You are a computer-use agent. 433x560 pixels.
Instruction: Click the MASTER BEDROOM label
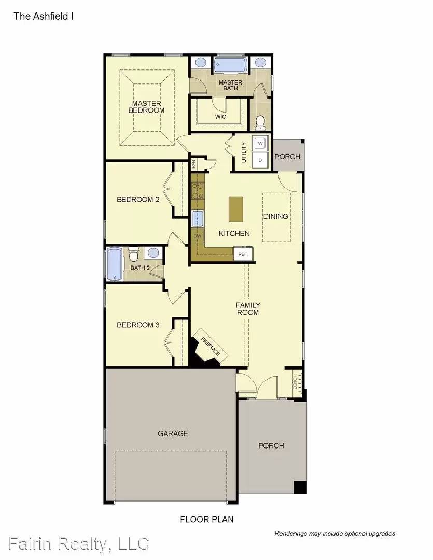pos(146,107)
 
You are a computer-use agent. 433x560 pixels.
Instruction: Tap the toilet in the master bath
pos(260,122)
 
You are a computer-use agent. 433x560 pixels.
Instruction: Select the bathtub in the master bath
pos(230,66)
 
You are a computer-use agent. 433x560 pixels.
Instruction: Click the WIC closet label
pos(221,117)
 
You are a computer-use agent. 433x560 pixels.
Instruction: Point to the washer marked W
pos(260,142)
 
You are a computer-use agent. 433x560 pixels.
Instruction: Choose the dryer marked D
pos(260,160)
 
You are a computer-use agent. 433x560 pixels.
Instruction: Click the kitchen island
pos(236,209)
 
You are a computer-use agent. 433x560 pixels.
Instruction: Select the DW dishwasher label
pos(197,236)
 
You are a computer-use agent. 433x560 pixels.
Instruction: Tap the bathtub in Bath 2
pos(114,264)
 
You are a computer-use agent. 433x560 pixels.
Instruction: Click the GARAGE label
pos(173,433)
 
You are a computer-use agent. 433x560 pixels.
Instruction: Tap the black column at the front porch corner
pos(300,487)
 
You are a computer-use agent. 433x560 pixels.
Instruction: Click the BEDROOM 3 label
pos(138,325)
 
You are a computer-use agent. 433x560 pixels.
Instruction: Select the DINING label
pos(276,216)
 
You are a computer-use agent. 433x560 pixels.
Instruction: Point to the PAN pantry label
pos(193,164)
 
